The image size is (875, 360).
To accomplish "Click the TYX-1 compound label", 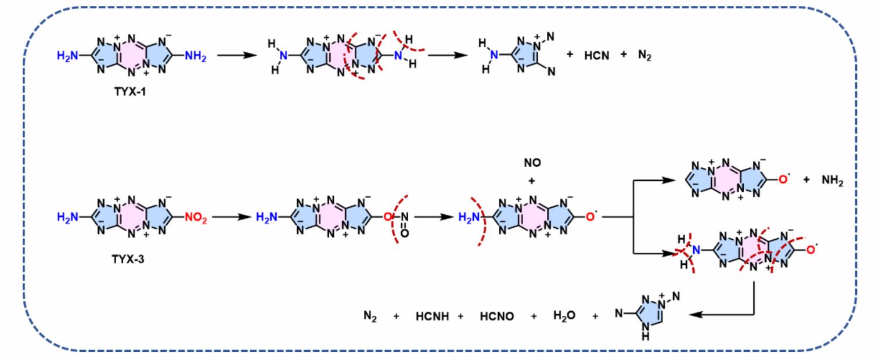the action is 129,91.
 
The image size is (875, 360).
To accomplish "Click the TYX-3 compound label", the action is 128,259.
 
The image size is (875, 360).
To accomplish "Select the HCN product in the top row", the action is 596,56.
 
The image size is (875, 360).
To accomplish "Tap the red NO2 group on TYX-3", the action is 196,218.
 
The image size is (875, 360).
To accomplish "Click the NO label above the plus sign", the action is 532,163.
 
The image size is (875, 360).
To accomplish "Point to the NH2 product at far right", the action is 833,181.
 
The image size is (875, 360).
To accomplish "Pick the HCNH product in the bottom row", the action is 432,316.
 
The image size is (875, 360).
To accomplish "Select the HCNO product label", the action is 496,316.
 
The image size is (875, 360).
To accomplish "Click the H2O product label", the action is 564,315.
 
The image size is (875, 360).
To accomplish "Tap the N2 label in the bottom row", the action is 370,316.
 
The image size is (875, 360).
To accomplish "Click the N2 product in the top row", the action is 644,55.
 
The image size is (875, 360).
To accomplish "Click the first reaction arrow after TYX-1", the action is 237,55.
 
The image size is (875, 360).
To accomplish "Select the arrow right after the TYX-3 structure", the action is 232,217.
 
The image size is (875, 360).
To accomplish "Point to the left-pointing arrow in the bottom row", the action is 722,314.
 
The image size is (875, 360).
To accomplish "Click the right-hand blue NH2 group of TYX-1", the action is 195,56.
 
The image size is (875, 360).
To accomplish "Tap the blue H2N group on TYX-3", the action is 67,217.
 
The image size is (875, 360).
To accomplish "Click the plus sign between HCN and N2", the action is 624,55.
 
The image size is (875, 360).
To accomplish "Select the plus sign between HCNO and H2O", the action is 534,316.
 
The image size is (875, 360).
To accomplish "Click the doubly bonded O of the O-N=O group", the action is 405,233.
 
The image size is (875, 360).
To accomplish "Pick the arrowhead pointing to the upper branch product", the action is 669,180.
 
